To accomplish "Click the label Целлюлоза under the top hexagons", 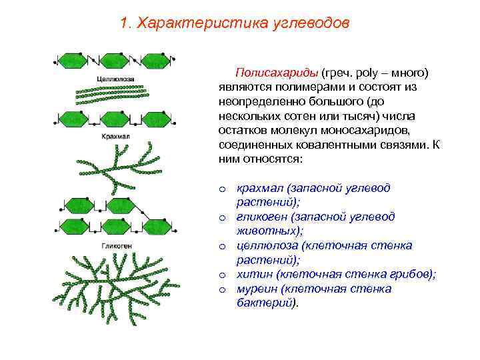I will pos(115,79).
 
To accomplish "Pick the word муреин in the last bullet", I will pos(257,289).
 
